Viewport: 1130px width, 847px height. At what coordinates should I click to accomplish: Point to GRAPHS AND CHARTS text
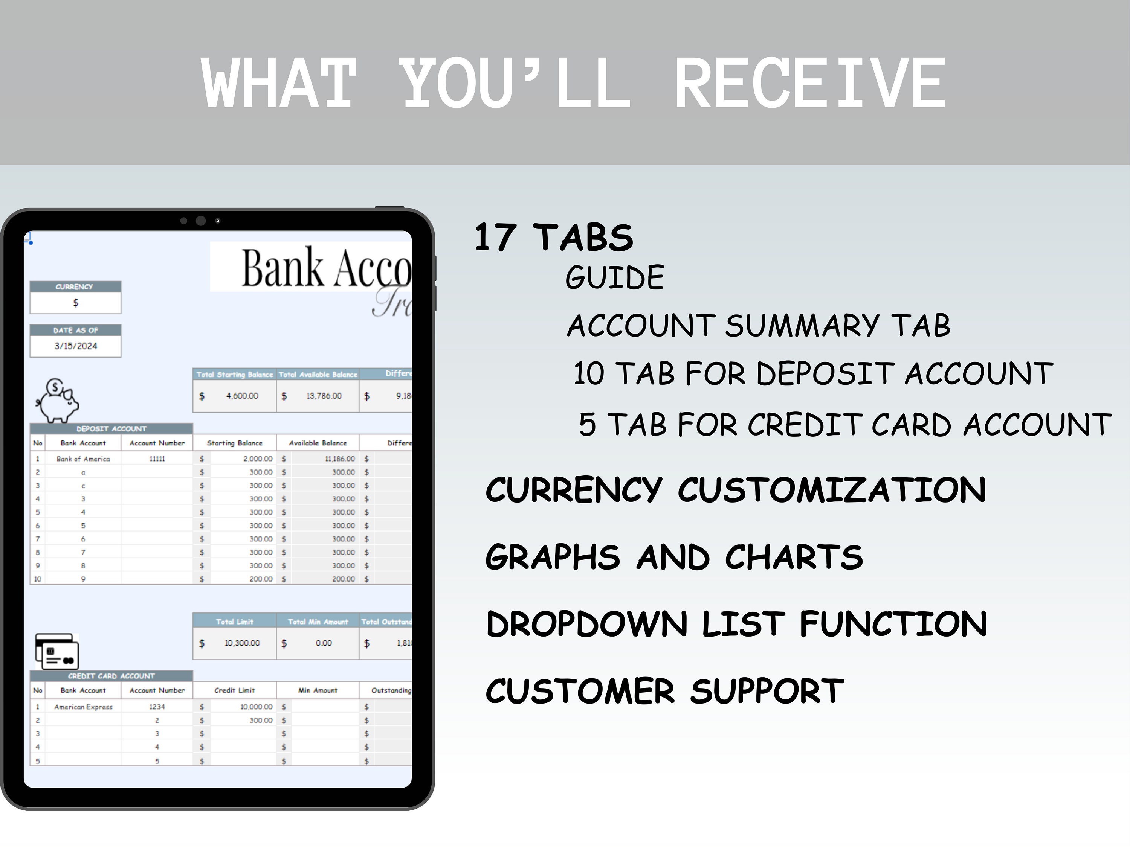[x=674, y=557]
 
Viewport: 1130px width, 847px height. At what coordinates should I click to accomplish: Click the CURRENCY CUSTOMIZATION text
[x=736, y=490]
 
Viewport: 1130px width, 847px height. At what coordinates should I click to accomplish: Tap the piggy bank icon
[x=58, y=401]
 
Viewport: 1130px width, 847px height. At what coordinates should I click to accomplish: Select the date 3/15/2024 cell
[x=76, y=346]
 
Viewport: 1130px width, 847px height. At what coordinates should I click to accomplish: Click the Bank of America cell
[x=83, y=459]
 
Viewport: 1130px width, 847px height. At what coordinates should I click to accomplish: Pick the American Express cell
[x=83, y=707]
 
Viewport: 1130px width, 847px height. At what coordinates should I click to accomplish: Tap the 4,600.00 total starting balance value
[x=242, y=396]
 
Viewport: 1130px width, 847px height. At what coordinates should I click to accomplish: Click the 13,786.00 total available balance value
[x=324, y=396]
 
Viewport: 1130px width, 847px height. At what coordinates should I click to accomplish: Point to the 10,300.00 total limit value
[x=242, y=643]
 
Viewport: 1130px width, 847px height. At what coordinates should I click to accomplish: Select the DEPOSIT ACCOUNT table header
[x=111, y=429]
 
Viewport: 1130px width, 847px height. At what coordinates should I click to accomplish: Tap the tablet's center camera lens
[x=201, y=221]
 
